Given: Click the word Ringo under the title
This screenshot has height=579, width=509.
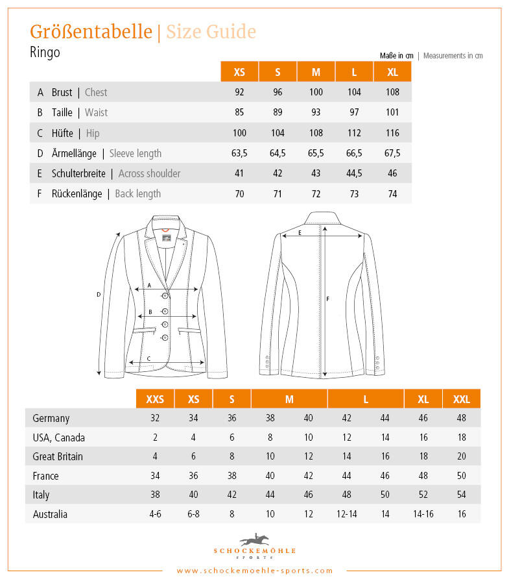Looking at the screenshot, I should coord(45,53).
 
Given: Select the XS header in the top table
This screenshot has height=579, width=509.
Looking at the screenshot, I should coord(239,72).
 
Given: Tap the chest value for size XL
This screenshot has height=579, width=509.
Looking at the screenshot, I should coord(393,92).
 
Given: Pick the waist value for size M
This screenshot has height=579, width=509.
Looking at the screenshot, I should coord(316,112).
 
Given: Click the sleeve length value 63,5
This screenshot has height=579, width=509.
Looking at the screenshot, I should coord(239,153).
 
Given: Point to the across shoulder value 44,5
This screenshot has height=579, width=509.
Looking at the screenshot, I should coord(354,173).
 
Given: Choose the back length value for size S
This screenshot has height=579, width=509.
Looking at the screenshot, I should coord(278,193).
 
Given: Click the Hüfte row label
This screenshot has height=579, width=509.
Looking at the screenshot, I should coord(62,133).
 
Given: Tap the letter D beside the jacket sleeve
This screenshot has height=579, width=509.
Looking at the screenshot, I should coord(99,294).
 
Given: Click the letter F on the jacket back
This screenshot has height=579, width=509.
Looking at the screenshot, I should coord(328,299).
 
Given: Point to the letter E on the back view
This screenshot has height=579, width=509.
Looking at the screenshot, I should coord(300,232).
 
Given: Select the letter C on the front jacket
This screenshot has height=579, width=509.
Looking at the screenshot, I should coord(148,358).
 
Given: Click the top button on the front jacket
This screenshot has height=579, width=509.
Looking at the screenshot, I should coord(165,296).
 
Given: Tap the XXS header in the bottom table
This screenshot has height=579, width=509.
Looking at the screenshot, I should coord(155,399).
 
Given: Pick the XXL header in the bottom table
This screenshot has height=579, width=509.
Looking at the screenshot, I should coord(462,399).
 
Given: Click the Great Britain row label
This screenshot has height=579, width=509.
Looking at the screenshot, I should coord(58,456).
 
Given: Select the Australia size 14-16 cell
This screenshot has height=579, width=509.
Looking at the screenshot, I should coord(423,514).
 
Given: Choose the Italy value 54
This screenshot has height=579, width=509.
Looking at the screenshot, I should coord(462,495).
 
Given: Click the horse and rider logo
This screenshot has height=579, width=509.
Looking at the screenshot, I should coord(254,539).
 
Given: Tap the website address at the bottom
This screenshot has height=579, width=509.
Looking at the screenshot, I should coord(254,571).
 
